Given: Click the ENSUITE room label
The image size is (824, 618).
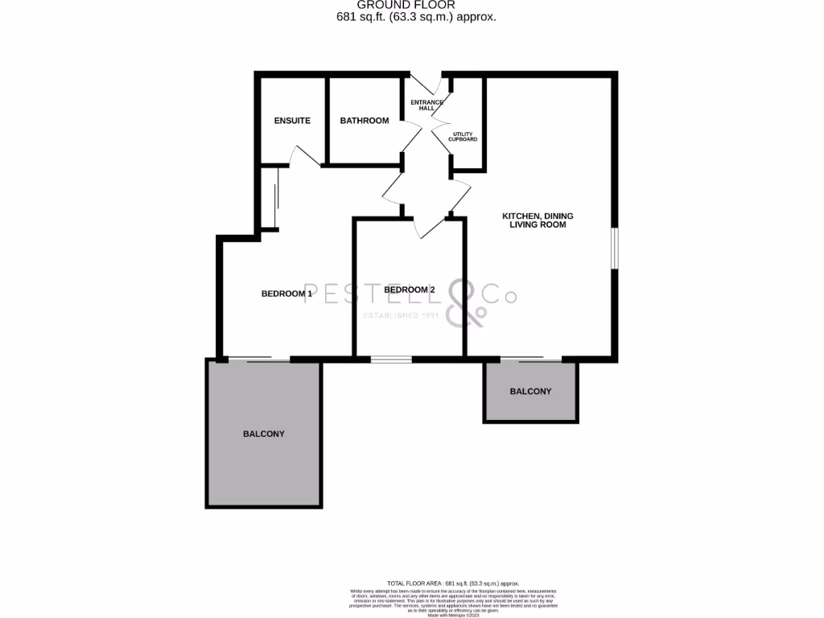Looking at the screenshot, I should coord(292,121).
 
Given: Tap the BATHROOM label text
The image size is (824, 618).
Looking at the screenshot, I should coord(364,121).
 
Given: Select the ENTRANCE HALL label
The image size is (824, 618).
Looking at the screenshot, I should coord(426,105).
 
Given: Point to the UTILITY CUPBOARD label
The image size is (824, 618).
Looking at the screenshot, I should coord(464,137).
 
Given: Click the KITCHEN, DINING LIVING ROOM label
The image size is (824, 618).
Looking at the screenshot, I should coord(538,220).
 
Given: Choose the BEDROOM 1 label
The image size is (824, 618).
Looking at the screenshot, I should coord(286,294).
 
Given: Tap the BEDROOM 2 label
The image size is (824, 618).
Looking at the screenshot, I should coord(410,290).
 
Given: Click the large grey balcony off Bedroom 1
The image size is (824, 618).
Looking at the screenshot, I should coord(264,434).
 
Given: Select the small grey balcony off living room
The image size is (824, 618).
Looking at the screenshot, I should coord(530,392).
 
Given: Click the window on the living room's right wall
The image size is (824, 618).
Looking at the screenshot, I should coord(615,248).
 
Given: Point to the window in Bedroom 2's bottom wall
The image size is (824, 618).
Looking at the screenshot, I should coord(391,358).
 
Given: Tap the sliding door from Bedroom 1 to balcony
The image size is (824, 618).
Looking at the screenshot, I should coord(257,359).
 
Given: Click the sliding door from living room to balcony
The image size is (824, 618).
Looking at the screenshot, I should coord(521,357).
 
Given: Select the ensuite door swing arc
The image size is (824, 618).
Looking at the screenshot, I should coord(304,155).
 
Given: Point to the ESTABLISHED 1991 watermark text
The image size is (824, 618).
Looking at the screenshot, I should coord(400,315).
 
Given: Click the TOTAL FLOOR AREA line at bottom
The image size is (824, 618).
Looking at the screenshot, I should coord(452,583).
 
